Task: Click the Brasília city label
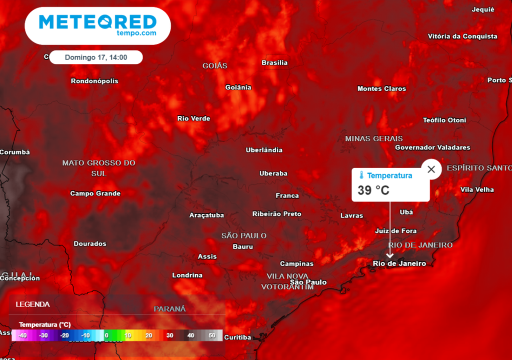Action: pyautogui.click(x=274, y=62)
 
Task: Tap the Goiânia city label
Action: pyautogui.click(x=238, y=87)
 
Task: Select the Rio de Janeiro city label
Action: pyautogui.click(x=399, y=263)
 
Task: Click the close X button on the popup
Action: pyautogui.click(x=431, y=169)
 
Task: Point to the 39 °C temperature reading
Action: pyautogui.click(x=373, y=190)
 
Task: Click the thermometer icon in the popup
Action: pyautogui.click(x=361, y=175)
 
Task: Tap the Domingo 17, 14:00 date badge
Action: pyautogui.click(x=96, y=57)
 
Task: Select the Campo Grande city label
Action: pyautogui.click(x=95, y=193)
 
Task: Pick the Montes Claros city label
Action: pyautogui.click(x=381, y=88)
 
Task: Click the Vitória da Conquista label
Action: pyautogui.click(x=462, y=36)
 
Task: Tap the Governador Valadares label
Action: pyautogui.click(x=432, y=147)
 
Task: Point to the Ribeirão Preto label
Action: pyautogui.click(x=276, y=214)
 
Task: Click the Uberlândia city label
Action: pyautogui.click(x=264, y=150)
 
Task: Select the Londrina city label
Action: pyautogui.click(x=187, y=275)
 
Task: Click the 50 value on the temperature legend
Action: pyautogui.click(x=212, y=335)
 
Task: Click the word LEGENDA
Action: pyautogui.click(x=32, y=304)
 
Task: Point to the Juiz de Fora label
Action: pyautogui.click(x=395, y=230)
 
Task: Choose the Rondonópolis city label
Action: pyautogui.click(x=94, y=81)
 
